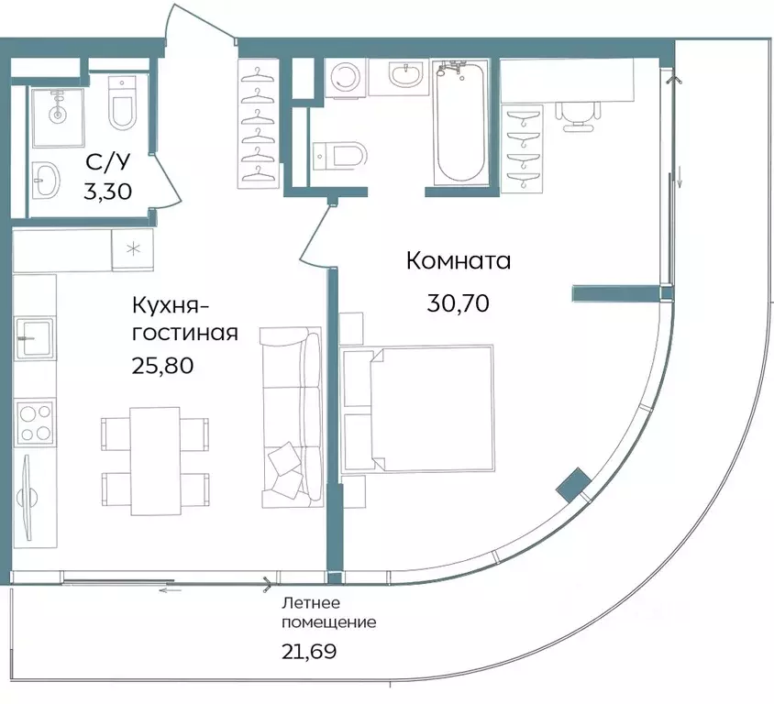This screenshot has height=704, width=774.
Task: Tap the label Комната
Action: pyautogui.click(x=458, y=261)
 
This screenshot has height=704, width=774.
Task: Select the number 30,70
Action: pyautogui.click(x=458, y=302)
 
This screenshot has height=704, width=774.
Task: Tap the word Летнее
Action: pyautogui.click(x=311, y=602)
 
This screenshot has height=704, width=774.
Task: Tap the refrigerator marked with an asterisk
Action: pyautogui.click(x=134, y=248)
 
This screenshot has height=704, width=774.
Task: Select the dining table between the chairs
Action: pyautogui.click(x=155, y=459)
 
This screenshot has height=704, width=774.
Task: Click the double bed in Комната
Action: pyautogui.click(x=417, y=409)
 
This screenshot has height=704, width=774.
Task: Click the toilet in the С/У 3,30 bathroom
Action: pyautogui.click(x=122, y=104)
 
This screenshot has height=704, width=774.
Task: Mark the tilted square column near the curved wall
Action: pyautogui.click(x=574, y=484)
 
